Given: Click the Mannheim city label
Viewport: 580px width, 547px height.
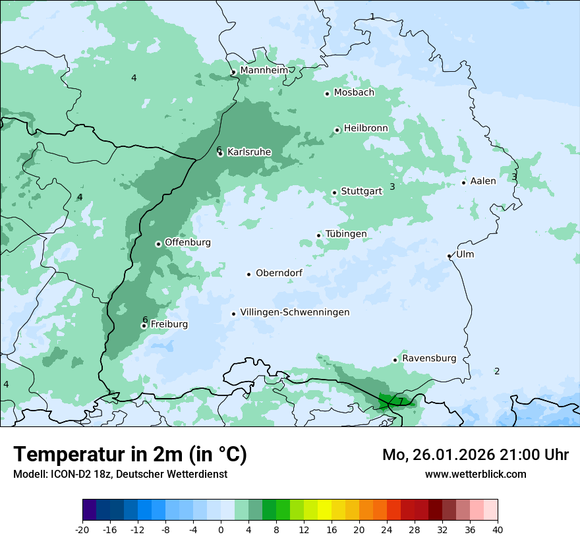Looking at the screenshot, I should point(264,71).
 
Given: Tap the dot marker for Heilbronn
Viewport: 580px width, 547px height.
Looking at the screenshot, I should point(337,130).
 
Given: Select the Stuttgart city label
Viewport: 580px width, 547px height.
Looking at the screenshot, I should point(361,192).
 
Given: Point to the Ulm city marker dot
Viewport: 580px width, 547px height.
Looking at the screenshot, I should point(449,256).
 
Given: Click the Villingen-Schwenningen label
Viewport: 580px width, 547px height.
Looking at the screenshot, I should point(295,312).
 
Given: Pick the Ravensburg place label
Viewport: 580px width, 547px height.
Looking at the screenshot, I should point(428,359).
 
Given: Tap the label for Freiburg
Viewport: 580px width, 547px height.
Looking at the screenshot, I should point(169,324).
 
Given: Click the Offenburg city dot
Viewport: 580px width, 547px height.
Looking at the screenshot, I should point(158,244).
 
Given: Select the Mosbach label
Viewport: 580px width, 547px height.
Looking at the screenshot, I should point(354,93).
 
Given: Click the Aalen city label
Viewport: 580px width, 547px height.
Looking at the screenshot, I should point(482,181).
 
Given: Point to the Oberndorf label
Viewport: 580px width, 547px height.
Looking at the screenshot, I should point(279,273).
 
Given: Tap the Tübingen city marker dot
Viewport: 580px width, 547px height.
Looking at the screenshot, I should point(318,235).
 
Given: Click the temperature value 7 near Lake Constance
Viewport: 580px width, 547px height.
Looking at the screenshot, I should point(400,401).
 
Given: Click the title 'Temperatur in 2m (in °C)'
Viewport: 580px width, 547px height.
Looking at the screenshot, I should point(130,454).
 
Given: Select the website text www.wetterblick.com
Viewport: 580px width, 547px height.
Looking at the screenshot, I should point(475,474).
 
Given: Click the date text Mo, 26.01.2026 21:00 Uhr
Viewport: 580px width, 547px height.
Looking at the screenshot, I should point(475,455).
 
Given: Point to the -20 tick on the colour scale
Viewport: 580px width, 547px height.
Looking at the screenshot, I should point(82,529).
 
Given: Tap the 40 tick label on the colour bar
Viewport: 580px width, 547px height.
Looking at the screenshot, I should point(497,529).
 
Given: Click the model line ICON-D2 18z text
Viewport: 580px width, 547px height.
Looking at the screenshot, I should point(120,474).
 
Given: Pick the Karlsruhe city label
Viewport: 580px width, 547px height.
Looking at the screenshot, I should point(249,152).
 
